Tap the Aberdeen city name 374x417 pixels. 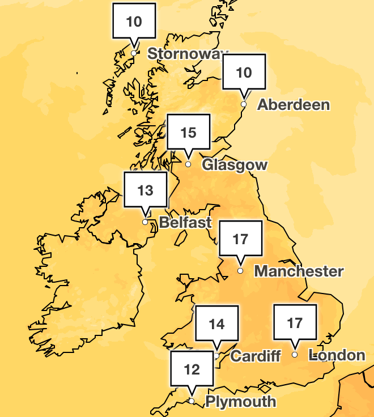click(x=293, y=105)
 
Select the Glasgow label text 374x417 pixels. click(x=234, y=165)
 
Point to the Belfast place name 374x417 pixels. click(x=185, y=222)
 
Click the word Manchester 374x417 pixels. click(x=299, y=271)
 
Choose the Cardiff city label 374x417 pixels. click(x=256, y=356)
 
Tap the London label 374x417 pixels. click(x=337, y=355)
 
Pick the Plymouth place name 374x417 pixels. click(x=240, y=402)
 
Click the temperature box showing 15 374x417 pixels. click(x=188, y=133)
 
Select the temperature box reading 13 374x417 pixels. click(x=146, y=190)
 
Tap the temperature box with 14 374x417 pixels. click(x=216, y=324)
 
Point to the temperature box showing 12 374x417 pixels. click(x=192, y=370)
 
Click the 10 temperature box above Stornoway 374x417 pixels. click(x=134, y=22)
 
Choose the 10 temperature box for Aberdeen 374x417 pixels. click(x=244, y=73)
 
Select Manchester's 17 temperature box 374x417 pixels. click(x=240, y=239)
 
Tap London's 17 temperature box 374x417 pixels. click(x=295, y=323)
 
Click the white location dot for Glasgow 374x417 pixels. click(x=189, y=164)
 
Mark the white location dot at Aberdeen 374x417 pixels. click(x=244, y=104)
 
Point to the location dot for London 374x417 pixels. click(x=295, y=355)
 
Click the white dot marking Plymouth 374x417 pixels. click(x=192, y=401)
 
